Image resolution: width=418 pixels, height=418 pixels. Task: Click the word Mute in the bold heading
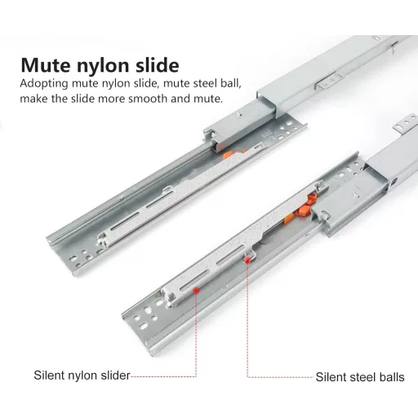(46, 65)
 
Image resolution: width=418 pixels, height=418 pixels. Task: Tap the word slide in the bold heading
(158, 64)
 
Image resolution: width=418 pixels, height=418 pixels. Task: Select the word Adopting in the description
(44, 84)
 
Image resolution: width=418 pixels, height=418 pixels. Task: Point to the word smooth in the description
(148, 99)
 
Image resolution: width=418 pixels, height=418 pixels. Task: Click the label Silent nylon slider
(82, 376)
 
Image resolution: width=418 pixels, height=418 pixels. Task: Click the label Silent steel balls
(360, 377)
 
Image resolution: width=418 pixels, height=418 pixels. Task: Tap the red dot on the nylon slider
(196, 290)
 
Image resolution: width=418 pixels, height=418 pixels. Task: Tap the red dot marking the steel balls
(247, 260)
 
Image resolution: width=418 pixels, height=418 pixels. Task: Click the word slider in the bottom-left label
(115, 376)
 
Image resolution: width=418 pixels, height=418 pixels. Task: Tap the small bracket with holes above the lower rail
(405, 124)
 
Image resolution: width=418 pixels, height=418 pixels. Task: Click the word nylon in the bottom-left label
(83, 376)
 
